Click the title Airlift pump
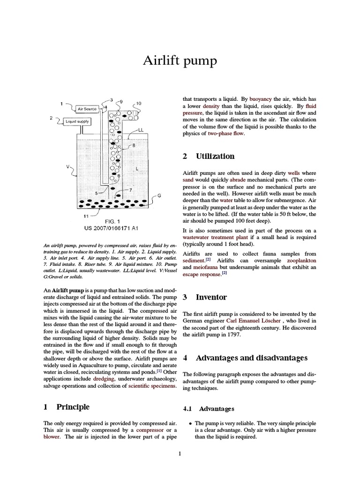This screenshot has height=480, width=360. [x=180, y=61]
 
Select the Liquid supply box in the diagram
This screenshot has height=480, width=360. [x=77, y=121]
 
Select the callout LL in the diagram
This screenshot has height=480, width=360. [x=141, y=129]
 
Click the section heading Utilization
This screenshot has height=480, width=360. [x=215, y=156]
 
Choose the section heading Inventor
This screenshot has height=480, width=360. [x=211, y=297]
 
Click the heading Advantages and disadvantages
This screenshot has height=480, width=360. [x=251, y=358]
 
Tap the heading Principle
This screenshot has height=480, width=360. [x=73, y=406]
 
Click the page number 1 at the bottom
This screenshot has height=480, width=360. [x=180, y=453]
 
